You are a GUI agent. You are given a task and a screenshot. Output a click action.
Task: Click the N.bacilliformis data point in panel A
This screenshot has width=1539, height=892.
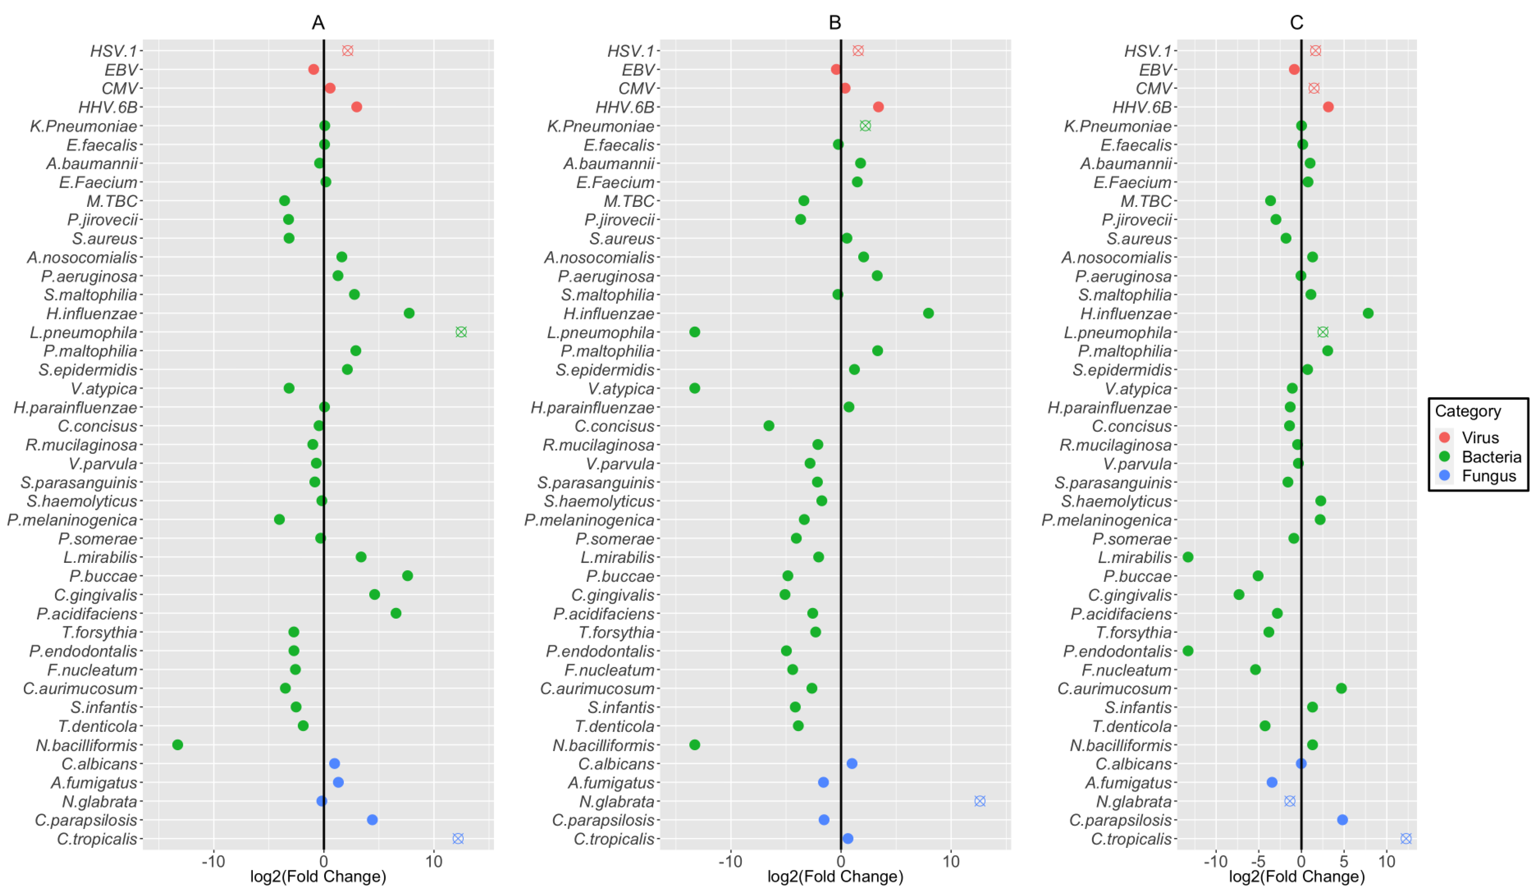pyautogui.click(x=177, y=744)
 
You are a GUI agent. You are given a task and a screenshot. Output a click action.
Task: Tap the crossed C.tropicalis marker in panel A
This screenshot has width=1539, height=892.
pyautogui.click(x=458, y=838)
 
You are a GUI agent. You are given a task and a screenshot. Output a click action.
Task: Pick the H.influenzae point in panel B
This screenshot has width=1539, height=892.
pyautogui.click(x=928, y=313)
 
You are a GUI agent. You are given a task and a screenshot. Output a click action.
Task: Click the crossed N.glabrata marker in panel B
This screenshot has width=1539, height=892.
pyautogui.click(x=979, y=801)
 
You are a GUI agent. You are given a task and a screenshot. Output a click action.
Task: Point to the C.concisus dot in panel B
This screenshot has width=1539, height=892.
pyautogui.click(x=769, y=425)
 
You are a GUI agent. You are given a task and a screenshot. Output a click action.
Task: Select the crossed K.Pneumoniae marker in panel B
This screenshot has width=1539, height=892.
pyautogui.click(x=865, y=126)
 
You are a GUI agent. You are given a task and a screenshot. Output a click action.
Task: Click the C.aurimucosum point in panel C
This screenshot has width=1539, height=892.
pyautogui.click(x=1341, y=688)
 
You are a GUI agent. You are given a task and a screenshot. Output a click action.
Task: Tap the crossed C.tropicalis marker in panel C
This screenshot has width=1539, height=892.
pyautogui.click(x=1406, y=838)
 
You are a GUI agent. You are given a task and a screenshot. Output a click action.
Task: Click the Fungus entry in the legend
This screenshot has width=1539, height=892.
pyautogui.click(x=1488, y=476)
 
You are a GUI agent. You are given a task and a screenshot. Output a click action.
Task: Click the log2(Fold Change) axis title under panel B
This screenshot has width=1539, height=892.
pyautogui.click(x=835, y=877)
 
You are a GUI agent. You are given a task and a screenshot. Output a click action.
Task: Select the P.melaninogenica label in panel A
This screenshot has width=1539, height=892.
pyautogui.click(x=72, y=520)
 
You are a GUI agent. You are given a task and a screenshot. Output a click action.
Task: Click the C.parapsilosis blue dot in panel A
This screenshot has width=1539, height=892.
pyautogui.click(x=372, y=819)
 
